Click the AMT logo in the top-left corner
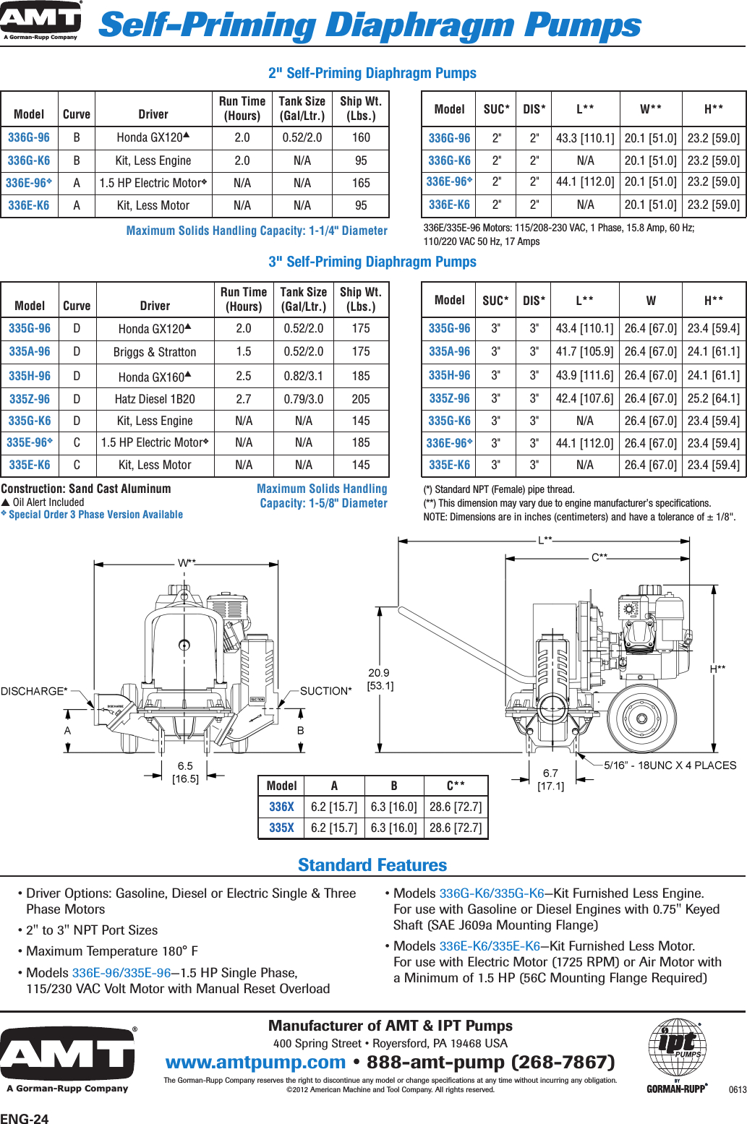41,20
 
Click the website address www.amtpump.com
255,1062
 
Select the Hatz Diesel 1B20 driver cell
155,399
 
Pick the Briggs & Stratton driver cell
155,352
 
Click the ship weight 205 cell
361,399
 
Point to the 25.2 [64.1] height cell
713,398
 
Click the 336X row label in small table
281,807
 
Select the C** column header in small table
455,786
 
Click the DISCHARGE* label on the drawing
34,691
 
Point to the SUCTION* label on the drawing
325,691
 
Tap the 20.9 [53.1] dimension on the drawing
380,679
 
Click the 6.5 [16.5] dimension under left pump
185,772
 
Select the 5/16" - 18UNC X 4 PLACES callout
670,765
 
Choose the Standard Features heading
372,865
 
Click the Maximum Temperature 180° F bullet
112,951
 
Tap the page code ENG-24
25,1119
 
